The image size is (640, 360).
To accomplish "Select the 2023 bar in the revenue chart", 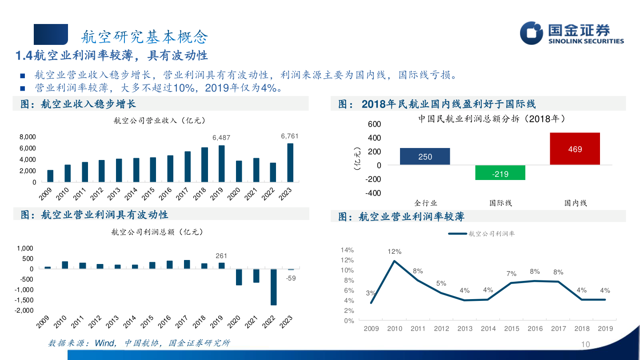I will [290, 163].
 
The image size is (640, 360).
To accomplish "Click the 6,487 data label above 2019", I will [221, 138].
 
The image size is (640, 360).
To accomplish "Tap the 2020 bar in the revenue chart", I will [239, 171].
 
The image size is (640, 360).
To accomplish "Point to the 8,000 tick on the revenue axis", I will [27, 137].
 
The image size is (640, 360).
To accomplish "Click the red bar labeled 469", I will [575, 149].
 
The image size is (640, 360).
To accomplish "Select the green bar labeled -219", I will [500, 172].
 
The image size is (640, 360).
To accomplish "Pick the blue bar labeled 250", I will [425, 156].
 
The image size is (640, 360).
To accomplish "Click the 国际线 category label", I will [500, 203].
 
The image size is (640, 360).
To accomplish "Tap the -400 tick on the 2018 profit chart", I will [374, 193].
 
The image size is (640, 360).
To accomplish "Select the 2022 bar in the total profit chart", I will [273, 287].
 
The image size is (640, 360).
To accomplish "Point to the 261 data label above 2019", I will [221, 256].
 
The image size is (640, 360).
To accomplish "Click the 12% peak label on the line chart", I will [394, 252].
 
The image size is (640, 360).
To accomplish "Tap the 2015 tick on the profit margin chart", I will [512, 329].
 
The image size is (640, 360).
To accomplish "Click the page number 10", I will [585, 345].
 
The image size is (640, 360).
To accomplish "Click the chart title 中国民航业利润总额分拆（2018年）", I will [492, 119].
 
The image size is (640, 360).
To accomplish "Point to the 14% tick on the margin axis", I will [347, 250].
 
